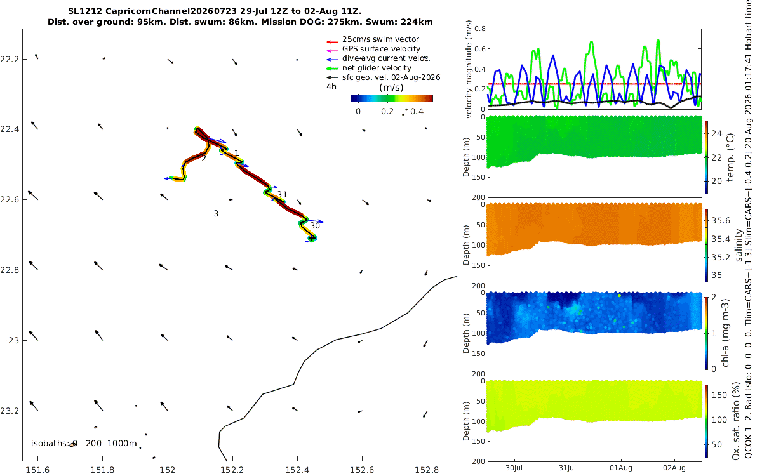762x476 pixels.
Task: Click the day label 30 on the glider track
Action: tap(315, 226)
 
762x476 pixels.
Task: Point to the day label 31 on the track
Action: tap(282, 194)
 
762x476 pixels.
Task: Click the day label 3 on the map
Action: tap(216, 213)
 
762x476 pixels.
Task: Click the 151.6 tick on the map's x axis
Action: tap(37, 470)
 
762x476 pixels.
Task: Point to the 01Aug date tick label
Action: tap(621, 468)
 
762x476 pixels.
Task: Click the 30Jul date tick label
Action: tap(514, 468)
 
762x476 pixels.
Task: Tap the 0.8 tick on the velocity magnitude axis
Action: tap(480, 29)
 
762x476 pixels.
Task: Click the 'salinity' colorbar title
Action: tap(739, 245)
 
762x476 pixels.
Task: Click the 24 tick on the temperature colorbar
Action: tap(716, 134)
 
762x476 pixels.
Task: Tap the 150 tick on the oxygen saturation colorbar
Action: tap(719, 395)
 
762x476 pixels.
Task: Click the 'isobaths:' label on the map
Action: tap(50, 444)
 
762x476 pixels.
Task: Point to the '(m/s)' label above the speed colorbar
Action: tap(391, 88)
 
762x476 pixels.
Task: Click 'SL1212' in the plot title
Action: tap(85, 11)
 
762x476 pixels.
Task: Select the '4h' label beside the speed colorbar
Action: tap(331, 87)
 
